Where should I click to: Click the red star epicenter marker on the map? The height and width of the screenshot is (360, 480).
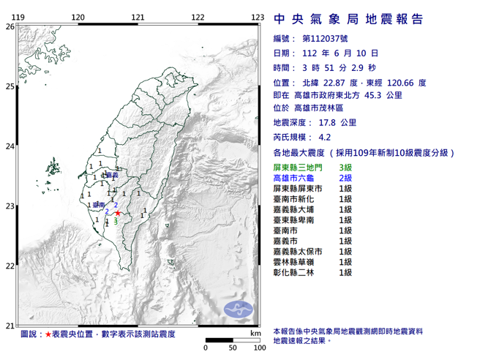118,214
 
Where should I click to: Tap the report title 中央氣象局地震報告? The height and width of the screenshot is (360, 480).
348,19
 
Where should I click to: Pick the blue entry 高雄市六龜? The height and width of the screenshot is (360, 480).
290,178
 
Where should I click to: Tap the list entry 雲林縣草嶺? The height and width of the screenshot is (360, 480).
290,261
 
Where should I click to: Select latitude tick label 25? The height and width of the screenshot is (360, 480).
9,86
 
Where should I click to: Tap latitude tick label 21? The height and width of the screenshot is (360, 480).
9,326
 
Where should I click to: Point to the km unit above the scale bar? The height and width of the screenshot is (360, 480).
255,333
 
